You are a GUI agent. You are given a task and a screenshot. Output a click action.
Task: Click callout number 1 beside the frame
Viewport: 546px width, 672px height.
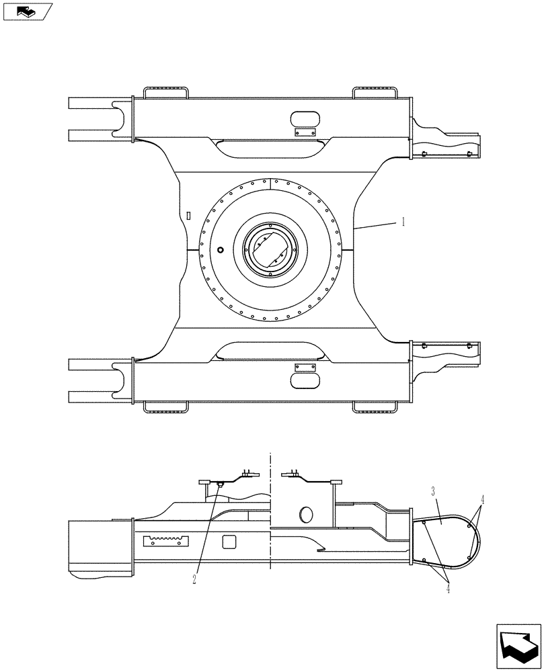(403, 222)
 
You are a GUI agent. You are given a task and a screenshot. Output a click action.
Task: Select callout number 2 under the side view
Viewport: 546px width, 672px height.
(194, 579)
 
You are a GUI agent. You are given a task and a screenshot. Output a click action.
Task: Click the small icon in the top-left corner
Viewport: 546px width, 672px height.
(27, 11)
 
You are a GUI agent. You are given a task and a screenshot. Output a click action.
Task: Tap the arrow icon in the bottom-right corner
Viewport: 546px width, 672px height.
(518, 647)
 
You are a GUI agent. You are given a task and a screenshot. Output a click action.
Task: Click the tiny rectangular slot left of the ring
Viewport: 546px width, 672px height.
(189, 216)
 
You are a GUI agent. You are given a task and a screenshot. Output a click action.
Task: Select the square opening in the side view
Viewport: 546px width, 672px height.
(229, 541)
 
